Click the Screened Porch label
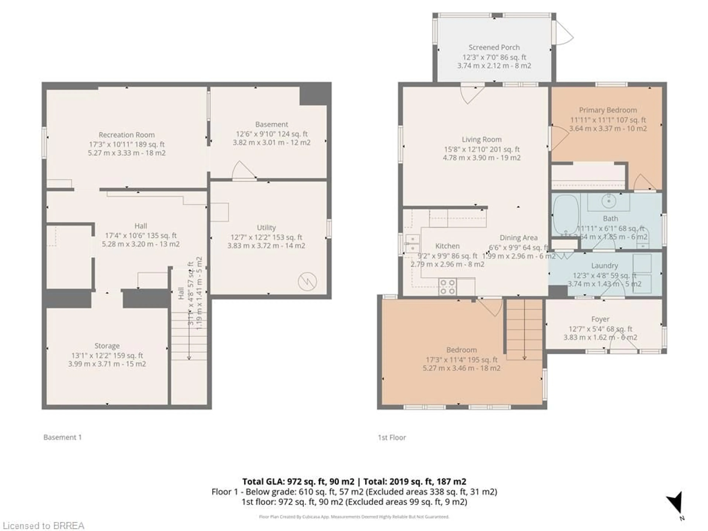pyautogui.click(x=494, y=47)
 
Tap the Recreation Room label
pyautogui.click(x=126, y=135)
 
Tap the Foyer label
pyautogui.click(x=600, y=319)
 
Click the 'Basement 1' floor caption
pyautogui.click(x=63, y=437)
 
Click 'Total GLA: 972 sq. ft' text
pyautogui.click(x=298, y=481)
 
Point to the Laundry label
pyautogui.click(x=604, y=266)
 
